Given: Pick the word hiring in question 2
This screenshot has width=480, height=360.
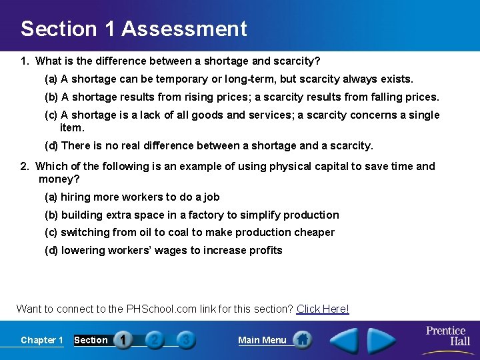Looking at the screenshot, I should pyautogui.click(x=76, y=197).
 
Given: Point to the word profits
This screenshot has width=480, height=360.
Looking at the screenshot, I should pyautogui.click(x=265, y=250).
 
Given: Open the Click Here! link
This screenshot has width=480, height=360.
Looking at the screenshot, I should pyautogui.click(x=323, y=309).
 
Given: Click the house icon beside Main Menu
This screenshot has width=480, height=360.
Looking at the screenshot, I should pyautogui.click(x=302, y=340).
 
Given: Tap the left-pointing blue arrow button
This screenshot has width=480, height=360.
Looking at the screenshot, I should pyautogui.click(x=345, y=340).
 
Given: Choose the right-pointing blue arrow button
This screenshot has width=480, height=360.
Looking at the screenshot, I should pyautogui.click(x=381, y=340).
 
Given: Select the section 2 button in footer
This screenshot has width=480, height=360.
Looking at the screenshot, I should pyautogui.click(x=155, y=340).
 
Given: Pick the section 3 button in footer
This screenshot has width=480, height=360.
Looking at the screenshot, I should pyautogui.click(x=186, y=340).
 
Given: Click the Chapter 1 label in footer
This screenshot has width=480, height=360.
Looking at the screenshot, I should pyautogui.click(x=42, y=340).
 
